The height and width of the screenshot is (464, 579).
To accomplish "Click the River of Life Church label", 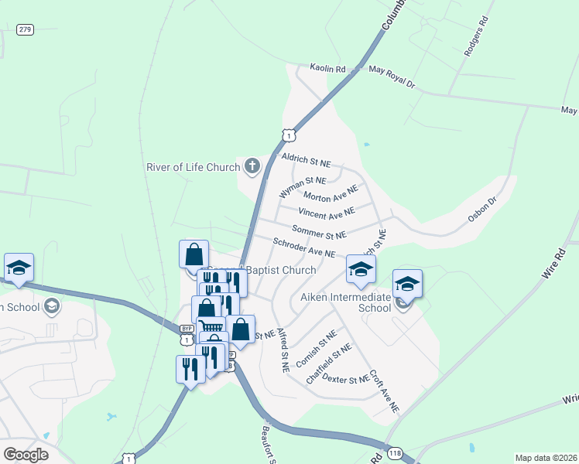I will pyautogui.click(x=194, y=166).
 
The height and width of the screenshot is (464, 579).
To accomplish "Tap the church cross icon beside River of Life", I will pyautogui.click(x=252, y=165).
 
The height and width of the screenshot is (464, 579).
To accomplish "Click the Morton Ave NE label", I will pyautogui.click(x=331, y=194).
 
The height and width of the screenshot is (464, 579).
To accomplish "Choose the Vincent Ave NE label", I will pyautogui.click(x=326, y=211).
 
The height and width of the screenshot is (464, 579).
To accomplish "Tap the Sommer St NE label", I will pyautogui.click(x=319, y=231).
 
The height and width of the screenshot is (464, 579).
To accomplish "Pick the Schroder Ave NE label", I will pyautogui.click(x=304, y=247).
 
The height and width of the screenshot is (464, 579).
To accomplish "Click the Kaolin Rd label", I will pyautogui.click(x=327, y=69).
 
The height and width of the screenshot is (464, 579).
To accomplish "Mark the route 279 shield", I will pyautogui.click(x=25, y=29).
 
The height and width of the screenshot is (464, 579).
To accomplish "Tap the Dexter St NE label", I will pyautogui.click(x=345, y=379).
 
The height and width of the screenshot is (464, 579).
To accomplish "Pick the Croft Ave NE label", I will pyautogui.click(x=384, y=388).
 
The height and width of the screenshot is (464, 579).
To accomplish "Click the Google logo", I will pyautogui.click(x=26, y=454).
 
